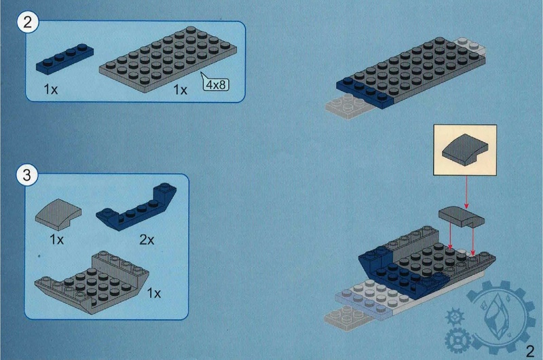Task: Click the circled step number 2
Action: [x=27, y=22]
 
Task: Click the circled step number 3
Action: [x=27, y=175]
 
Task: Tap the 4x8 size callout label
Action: [x=216, y=84]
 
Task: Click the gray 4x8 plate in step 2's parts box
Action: [x=168, y=59]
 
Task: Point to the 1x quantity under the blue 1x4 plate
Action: [x=50, y=90]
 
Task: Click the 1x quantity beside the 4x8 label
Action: [x=180, y=90]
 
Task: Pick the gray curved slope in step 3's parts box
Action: [x=58, y=215]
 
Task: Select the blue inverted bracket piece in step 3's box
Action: [x=136, y=207]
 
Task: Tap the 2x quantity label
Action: [x=147, y=239]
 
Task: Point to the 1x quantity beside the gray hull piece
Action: [x=154, y=293]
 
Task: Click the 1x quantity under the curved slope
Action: [x=57, y=239]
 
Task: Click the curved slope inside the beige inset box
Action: [x=465, y=149]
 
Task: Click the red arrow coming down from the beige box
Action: [x=466, y=192]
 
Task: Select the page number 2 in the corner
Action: [x=530, y=351]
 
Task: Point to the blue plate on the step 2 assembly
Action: [x=365, y=92]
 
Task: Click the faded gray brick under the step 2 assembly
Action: [x=349, y=107]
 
